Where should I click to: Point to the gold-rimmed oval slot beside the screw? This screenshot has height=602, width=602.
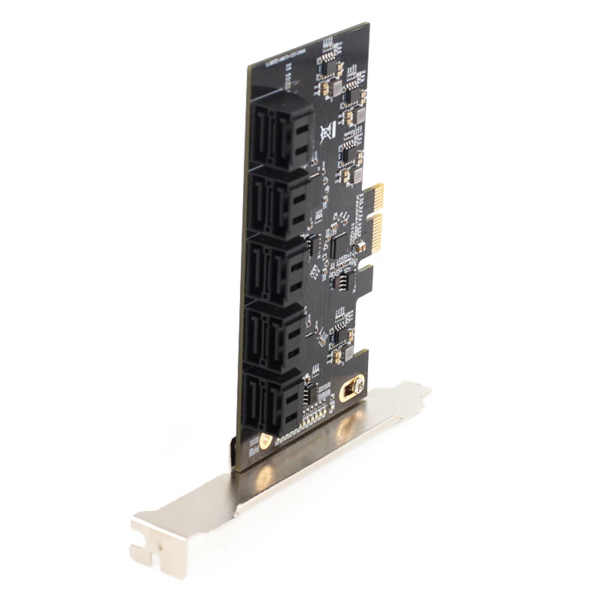coord(348,392)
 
